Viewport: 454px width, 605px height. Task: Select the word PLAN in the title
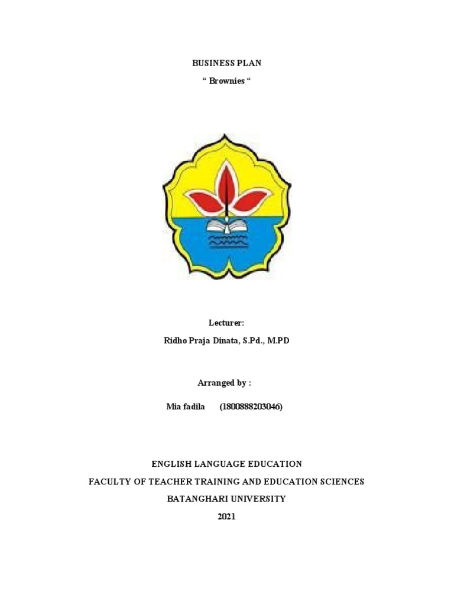[x=249, y=63]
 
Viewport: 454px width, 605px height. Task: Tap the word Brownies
[x=227, y=81]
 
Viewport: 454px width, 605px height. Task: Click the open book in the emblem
[x=227, y=226]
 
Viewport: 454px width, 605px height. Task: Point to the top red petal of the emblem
[x=226, y=177]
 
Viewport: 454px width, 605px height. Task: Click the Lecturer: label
[x=226, y=323]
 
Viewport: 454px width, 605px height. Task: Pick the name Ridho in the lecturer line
[x=175, y=341]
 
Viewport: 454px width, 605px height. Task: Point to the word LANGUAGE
[x=225, y=464]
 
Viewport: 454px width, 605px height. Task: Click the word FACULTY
[x=108, y=482]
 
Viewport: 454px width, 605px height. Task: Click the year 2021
[x=226, y=516]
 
